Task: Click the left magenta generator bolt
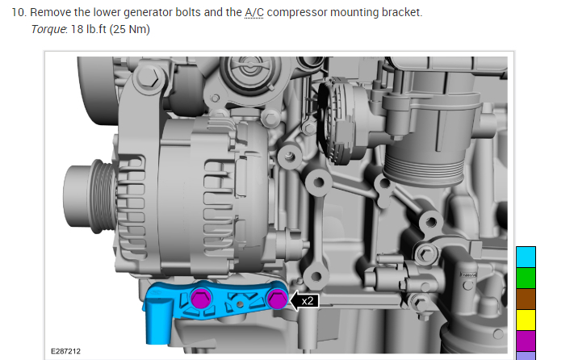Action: pos(201,298)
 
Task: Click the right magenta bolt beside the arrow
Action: pos(278,299)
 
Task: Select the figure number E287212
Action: pos(65,351)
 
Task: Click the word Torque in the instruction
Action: pos(48,29)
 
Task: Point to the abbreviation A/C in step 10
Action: pos(254,12)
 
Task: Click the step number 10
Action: pos(19,12)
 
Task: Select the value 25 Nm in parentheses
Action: pos(130,29)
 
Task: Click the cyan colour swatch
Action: pos(526,257)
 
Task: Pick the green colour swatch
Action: pos(526,278)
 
